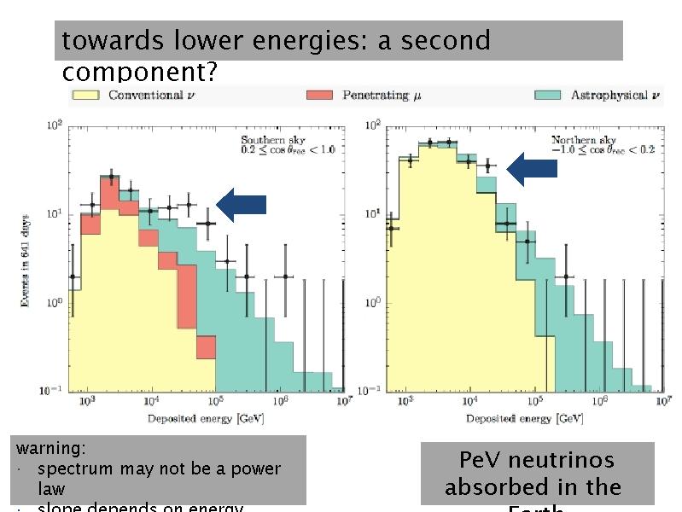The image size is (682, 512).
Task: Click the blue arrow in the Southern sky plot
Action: tap(242, 205)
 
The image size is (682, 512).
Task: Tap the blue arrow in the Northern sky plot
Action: tap(532, 169)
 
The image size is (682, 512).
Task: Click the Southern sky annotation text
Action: tap(288, 144)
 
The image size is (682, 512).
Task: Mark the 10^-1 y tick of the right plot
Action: tap(372, 391)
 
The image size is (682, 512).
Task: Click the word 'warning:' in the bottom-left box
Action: tap(51, 448)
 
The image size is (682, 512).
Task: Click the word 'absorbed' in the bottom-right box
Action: tap(490, 487)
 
